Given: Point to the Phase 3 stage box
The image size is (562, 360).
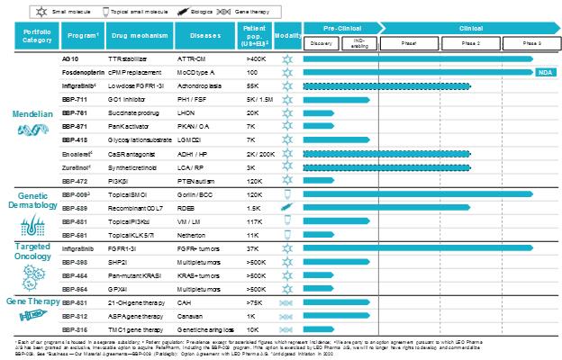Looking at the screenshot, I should point(531,42).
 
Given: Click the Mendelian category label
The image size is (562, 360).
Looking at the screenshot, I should point(30,115).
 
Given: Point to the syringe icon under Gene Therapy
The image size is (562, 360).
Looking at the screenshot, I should point(30,316).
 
